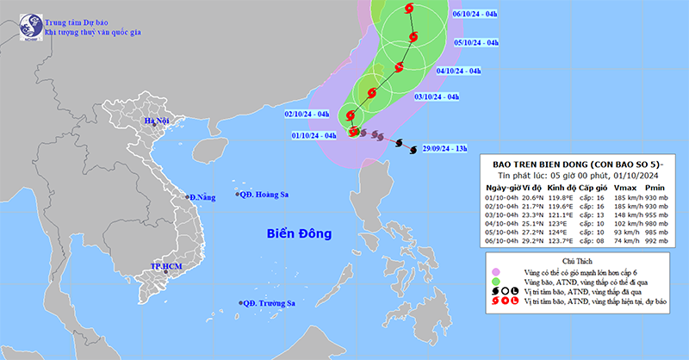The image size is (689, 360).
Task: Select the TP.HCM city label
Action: (165, 267)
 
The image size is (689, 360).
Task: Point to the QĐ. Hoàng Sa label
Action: (264, 195)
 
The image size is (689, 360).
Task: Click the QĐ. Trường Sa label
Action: (268, 303)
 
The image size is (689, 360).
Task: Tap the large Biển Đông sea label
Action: (299, 233)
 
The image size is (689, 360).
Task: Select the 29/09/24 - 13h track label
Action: (438, 149)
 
